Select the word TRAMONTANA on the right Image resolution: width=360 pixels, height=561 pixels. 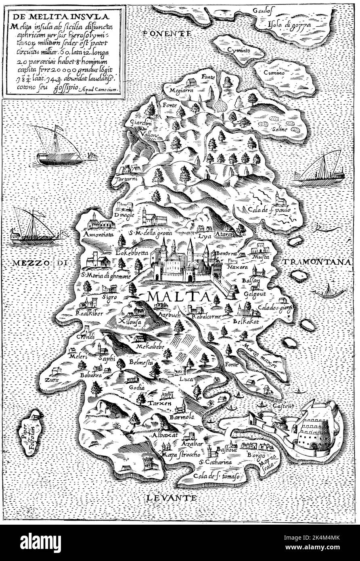[316, 262]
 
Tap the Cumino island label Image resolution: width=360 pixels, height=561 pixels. [274, 73]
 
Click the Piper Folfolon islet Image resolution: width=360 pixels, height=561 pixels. [32, 433]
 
